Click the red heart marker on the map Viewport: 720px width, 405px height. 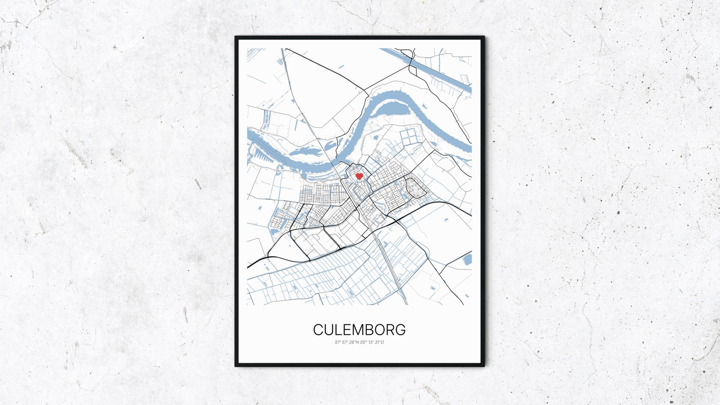359,176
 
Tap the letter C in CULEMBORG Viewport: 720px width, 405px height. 318,330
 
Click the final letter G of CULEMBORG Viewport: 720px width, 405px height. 400,330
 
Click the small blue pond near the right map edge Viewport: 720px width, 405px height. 468,259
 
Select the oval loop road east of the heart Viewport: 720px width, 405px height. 415,188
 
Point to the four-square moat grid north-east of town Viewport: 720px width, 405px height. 409,138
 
